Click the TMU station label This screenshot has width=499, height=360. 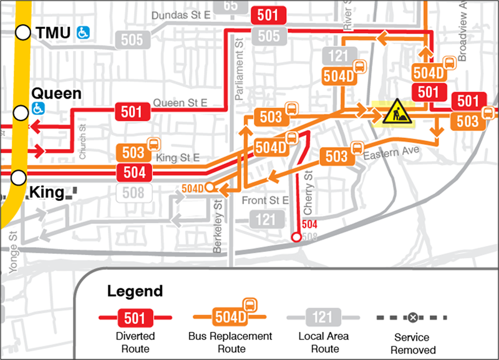click(54, 32)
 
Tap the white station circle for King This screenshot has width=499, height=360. click(19, 177)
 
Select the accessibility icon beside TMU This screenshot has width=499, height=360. click(83, 32)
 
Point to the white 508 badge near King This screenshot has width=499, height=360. click(133, 193)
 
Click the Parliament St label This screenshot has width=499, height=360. click(238, 68)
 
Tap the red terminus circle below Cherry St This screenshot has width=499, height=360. click(296, 237)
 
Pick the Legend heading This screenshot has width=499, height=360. click(135, 291)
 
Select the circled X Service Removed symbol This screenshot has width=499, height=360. click(412, 318)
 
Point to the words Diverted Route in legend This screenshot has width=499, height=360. click(135, 343)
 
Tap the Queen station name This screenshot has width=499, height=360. click(56, 94)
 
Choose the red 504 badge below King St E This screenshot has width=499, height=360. click(133, 173)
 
